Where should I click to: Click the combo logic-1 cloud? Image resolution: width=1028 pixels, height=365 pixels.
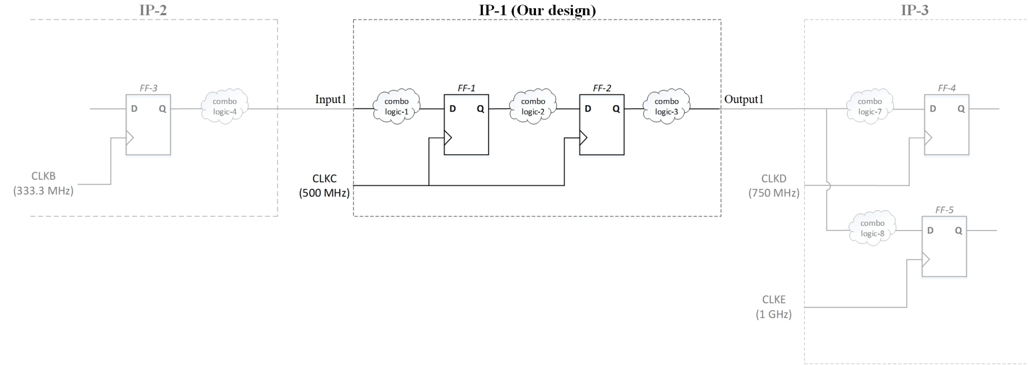(x=397, y=106)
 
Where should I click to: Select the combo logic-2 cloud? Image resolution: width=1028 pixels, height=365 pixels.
(x=533, y=106)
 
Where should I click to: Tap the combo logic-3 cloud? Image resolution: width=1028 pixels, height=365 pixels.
(x=667, y=106)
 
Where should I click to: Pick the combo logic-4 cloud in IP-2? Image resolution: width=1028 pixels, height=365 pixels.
(x=225, y=106)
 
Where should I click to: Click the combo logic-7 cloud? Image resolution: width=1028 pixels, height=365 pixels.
(x=870, y=106)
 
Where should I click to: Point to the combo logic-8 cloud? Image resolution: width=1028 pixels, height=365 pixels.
(x=872, y=228)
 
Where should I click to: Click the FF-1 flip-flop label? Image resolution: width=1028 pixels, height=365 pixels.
(x=466, y=88)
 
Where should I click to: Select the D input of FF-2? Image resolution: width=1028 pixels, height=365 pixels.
(x=588, y=108)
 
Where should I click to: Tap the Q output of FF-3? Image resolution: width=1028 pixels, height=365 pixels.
(x=163, y=108)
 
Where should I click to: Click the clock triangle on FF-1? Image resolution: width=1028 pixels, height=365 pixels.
(x=448, y=138)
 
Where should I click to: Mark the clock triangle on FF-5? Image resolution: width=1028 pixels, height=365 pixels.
(x=926, y=259)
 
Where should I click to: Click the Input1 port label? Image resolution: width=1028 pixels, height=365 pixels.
(x=331, y=99)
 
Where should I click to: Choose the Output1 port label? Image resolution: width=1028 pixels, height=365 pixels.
(x=744, y=99)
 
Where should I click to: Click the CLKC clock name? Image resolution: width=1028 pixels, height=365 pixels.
(x=324, y=178)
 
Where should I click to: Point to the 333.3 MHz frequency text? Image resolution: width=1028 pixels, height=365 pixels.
(x=43, y=191)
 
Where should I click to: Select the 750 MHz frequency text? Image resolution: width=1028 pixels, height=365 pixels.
(x=774, y=193)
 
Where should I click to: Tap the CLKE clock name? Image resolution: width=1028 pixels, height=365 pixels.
(x=774, y=299)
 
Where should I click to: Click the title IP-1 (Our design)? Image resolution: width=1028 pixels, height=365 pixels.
(x=537, y=10)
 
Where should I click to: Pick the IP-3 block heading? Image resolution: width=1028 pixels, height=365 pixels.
(x=914, y=10)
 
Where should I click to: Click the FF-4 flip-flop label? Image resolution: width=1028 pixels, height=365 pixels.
(x=946, y=88)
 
